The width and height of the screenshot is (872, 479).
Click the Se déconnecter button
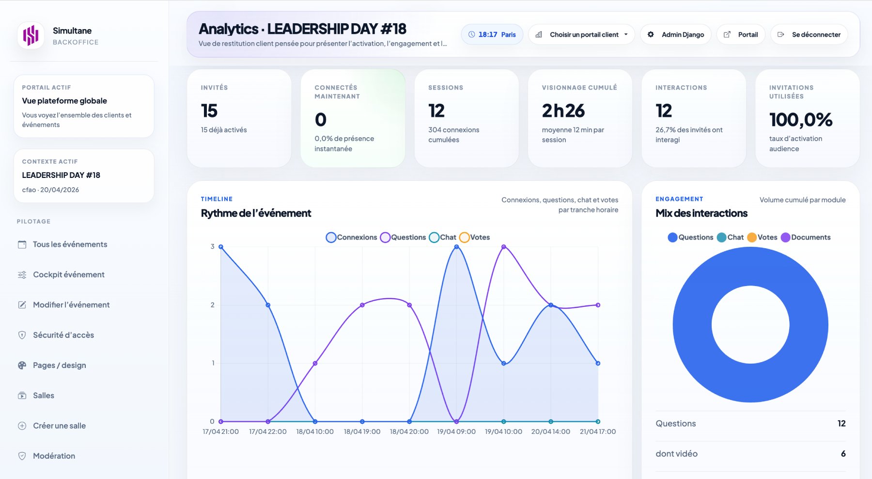(x=809, y=34)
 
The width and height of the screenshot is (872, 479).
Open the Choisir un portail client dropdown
(x=581, y=34)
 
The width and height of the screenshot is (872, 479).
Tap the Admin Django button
(x=676, y=34)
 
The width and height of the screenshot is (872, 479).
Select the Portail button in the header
(x=741, y=34)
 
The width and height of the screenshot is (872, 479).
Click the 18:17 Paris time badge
(x=492, y=34)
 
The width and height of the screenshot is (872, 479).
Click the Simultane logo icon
(x=31, y=35)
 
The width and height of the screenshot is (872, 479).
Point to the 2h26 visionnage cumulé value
(x=563, y=111)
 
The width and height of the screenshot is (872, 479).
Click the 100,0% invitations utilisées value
(x=801, y=120)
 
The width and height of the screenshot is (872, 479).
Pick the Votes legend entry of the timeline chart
(x=475, y=237)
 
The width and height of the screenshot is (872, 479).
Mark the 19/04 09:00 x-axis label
(x=456, y=431)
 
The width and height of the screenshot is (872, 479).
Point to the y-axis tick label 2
(x=212, y=305)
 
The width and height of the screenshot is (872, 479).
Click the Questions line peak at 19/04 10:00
(x=504, y=247)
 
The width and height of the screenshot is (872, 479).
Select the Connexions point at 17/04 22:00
(x=268, y=305)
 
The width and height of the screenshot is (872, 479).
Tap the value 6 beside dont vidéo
(x=843, y=454)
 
